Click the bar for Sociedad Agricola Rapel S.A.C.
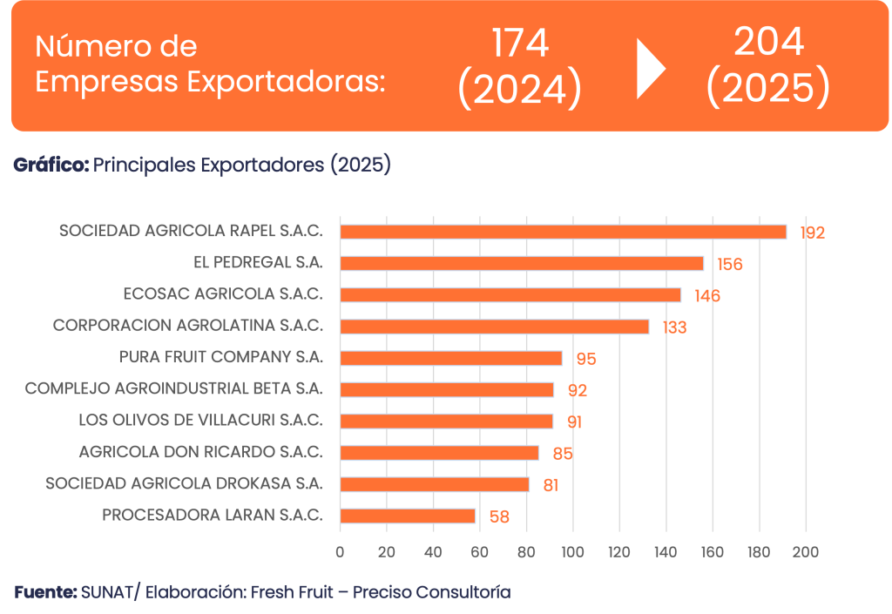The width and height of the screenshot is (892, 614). tap(563, 232)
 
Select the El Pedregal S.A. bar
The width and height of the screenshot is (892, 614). tap(521, 263)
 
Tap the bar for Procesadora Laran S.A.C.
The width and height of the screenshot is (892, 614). tap(408, 516)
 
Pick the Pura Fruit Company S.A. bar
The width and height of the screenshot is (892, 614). tap(450, 358)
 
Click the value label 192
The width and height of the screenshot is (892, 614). tap(813, 233)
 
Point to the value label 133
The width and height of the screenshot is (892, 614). tap(674, 328)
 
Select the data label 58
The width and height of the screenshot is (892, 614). tap(499, 517)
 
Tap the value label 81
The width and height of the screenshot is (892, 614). tap(551, 485)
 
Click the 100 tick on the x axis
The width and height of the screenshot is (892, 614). tap(572, 551)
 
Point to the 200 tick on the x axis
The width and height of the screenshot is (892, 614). tap(806, 551)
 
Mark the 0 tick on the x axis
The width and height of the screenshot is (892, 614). tap(340, 551)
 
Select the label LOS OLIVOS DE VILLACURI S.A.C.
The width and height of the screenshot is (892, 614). tap(200, 421)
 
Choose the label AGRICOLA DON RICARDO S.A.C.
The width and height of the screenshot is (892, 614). tap(200, 453)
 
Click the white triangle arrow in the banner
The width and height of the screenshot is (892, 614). tap(650, 68)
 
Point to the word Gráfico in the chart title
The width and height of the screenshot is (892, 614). tap(51, 165)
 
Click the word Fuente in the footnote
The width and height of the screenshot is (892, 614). tap(44, 592)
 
